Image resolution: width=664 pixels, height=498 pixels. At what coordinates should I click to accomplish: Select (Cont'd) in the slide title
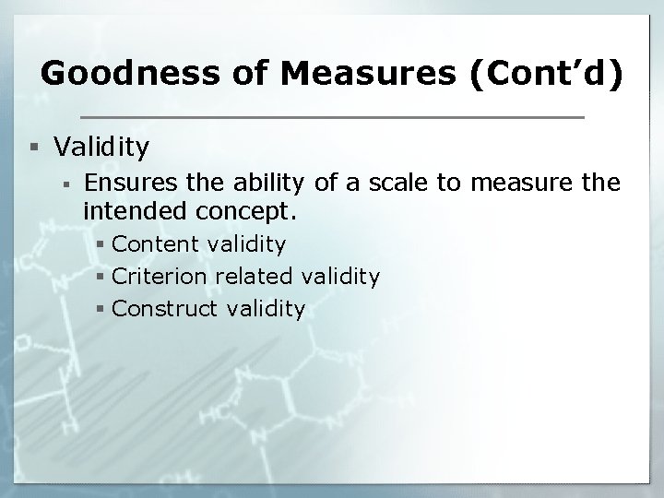[x=547, y=73]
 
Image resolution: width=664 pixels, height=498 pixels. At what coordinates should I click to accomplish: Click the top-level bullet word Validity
[x=101, y=146]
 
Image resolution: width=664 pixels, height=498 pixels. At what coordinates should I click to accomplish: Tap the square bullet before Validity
[x=34, y=147]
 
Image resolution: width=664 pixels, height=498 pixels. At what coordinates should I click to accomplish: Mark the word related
[x=254, y=276]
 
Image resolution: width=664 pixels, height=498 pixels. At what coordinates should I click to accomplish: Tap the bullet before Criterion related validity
[x=101, y=277]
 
